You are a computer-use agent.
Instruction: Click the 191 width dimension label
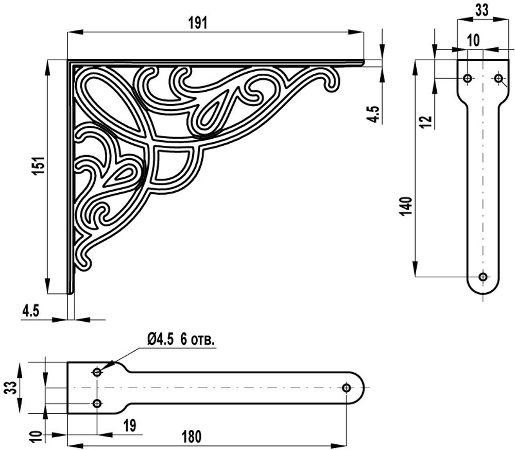[198, 23]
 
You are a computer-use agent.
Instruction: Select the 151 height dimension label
[40, 165]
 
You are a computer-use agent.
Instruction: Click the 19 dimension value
[130, 425]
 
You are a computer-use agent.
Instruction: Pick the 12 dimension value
[426, 122]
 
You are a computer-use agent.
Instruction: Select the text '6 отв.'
[198, 340]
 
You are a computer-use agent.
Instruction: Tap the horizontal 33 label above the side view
[482, 10]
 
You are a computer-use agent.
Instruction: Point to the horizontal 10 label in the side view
[473, 40]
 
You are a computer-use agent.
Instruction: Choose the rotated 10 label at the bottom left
[37, 437]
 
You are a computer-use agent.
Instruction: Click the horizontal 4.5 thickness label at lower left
[30, 311]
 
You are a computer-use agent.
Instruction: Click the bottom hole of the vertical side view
[483, 277]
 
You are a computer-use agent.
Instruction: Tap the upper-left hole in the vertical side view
[468, 78]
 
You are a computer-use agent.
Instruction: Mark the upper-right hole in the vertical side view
[499, 78]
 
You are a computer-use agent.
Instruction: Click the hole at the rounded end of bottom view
[346, 388]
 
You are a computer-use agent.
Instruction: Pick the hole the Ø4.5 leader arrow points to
[97, 373]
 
